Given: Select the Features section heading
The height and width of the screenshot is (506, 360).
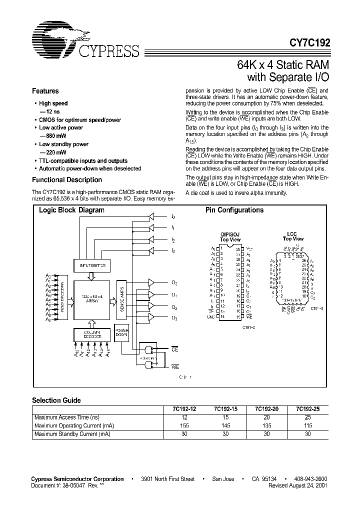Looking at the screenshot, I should tap(45, 91).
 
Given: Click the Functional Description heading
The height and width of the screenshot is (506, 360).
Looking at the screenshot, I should tap(67, 179).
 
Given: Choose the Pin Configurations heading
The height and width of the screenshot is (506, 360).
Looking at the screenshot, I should tap(234, 210).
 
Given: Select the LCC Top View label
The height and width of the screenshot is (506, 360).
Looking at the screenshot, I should tap(293, 236).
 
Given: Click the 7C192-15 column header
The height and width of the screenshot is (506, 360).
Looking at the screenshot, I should tap(226, 408).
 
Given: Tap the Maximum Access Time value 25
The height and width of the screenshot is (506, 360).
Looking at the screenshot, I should tap(307, 417).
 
